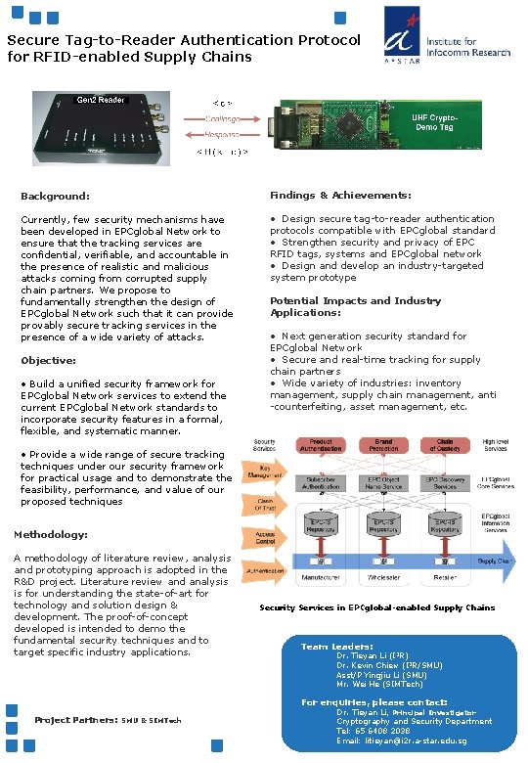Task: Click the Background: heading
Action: [x=55, y=197]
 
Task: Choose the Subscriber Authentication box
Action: [x=325, y=483]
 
